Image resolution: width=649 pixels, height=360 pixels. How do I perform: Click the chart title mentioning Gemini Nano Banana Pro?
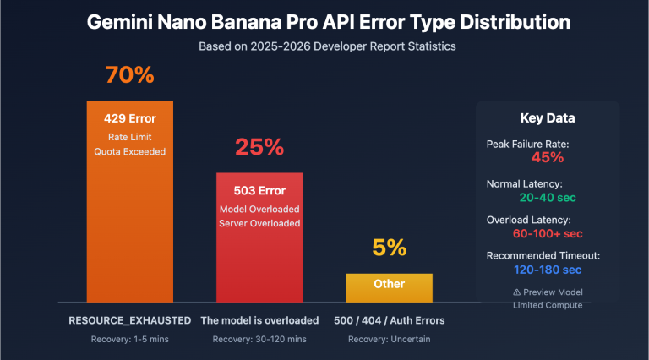pos(324,22)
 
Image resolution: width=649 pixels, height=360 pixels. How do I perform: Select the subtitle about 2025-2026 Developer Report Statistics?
pos(324,46)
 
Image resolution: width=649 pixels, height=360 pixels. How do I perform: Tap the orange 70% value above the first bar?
pos(129,75)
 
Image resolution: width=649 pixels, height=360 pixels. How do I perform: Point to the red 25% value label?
pos(259,147)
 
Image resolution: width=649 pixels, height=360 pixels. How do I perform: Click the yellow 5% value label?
pos(389,248)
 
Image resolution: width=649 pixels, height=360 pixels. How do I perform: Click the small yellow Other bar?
pos(389,286)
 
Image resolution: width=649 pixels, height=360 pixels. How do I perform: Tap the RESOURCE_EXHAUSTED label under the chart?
pos(129,320)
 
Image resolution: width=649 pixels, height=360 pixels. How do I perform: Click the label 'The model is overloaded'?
pos(259,320)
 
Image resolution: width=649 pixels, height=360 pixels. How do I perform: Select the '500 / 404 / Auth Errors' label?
pos(389,320)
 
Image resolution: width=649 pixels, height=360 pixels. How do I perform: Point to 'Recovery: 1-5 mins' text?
pos(129,340)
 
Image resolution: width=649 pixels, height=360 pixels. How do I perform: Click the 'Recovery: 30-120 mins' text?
pos(259,340)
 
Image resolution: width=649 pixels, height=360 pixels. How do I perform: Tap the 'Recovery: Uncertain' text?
pos(389,340)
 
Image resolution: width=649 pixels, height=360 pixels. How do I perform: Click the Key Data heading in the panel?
pos(547,118)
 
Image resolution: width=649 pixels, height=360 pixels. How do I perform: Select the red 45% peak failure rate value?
pos(547,157)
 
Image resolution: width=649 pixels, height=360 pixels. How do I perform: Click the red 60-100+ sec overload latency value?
pos(547,232)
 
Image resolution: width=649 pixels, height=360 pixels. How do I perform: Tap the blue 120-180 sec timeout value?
pos(547,270)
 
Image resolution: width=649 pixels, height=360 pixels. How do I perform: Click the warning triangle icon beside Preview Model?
pos(516,292)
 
